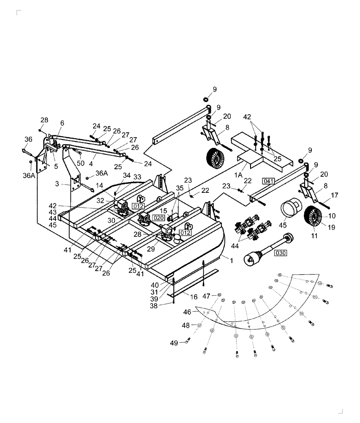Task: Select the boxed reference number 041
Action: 269,181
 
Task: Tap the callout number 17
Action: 335,195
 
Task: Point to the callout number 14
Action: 99,185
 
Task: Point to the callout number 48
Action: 186,325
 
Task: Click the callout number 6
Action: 62,123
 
